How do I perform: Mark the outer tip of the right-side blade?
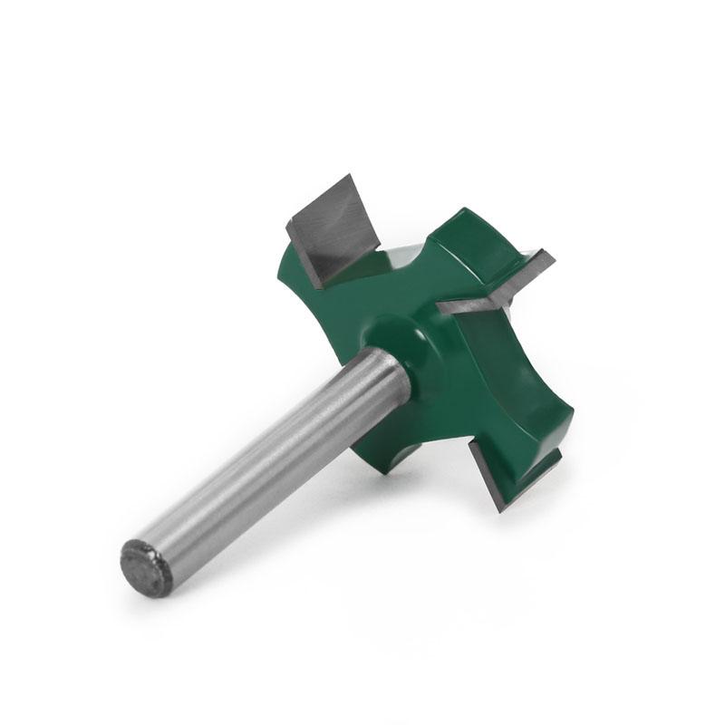(549, 258)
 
